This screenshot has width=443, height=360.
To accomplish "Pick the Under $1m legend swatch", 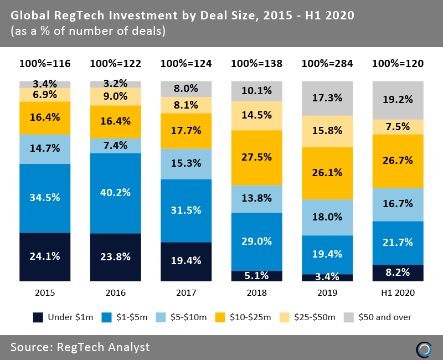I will coord(38,317).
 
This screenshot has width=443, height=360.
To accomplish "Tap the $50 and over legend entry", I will coord(379,317).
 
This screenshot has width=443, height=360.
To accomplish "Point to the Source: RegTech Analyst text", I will coord(80,347).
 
